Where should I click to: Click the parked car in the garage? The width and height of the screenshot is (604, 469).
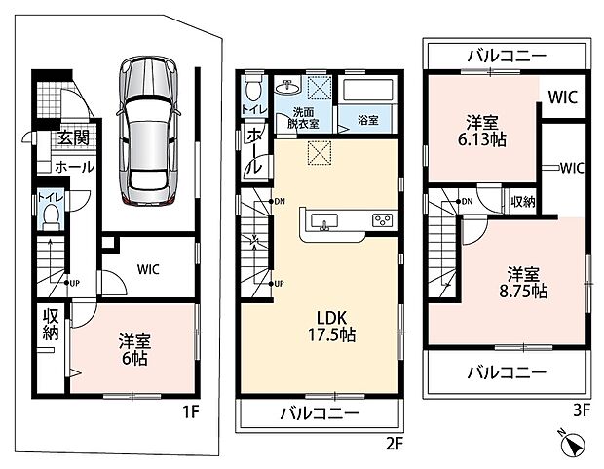[x=149, y=131]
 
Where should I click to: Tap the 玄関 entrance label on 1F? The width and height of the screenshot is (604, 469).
[x=73, y=137]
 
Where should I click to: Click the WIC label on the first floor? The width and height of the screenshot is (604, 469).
[x=148, y=269]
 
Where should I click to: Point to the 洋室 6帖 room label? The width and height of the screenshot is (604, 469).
[x=134, y=349]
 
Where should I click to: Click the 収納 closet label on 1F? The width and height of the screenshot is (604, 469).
[x=51, y=324]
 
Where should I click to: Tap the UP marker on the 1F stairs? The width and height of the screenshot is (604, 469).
[x=72, y=283]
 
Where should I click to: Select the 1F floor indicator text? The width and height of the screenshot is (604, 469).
[x=190, y=412]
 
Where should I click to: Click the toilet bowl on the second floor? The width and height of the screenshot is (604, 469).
[x=252, y=88]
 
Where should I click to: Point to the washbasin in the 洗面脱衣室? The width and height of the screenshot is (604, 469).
[x=287, y=87]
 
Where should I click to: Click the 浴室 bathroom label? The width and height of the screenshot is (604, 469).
[x=368, y=120]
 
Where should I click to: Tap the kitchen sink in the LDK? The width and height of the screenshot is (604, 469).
[x=324, y=222]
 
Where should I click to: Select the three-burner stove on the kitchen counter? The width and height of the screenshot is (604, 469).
[x=382, y=220]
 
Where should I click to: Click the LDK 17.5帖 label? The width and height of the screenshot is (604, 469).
[x=331, y=327]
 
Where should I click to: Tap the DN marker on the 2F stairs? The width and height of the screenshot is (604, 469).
[x=278, y=201]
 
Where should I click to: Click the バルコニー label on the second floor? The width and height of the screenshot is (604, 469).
[x=320, y=413]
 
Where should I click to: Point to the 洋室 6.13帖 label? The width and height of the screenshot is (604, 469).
[x=482, y=131]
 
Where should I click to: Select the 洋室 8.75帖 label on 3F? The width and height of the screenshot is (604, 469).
[x=523, y=283]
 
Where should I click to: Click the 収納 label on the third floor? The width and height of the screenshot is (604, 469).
[x=523, y=201]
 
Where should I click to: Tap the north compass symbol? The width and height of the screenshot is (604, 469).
[x=573, y=446]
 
